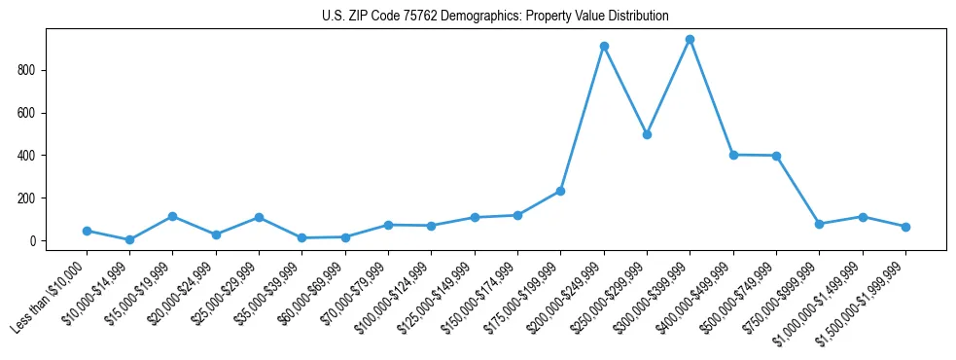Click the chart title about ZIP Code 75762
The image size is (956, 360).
pos(495,16)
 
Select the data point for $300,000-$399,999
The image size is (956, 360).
pos(690,40)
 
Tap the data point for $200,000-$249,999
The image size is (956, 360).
pos(604,46)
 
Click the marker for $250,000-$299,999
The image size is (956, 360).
pos(647,134)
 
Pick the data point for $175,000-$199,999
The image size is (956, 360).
pos(560,191)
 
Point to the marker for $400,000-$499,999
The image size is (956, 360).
pos(733,155)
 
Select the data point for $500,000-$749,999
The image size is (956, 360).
pos(776,156)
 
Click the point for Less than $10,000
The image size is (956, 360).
pos(87,231)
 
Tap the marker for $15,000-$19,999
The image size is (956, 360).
pos(172,216)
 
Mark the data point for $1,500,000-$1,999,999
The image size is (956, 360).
pos(905,227)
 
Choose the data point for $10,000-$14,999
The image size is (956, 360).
pos(129,239)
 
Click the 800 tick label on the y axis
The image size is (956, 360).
pos(25,70)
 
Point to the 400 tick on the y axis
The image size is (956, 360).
pos(25,156)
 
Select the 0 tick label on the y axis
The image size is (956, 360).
pos(31,241)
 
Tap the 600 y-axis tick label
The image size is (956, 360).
pos(25,113)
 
